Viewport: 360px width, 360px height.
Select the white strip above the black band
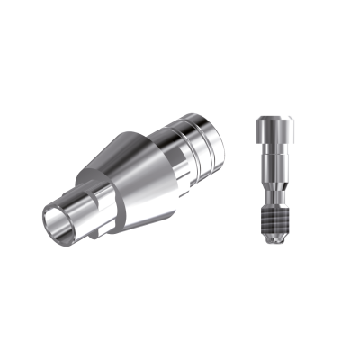(180, 36)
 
